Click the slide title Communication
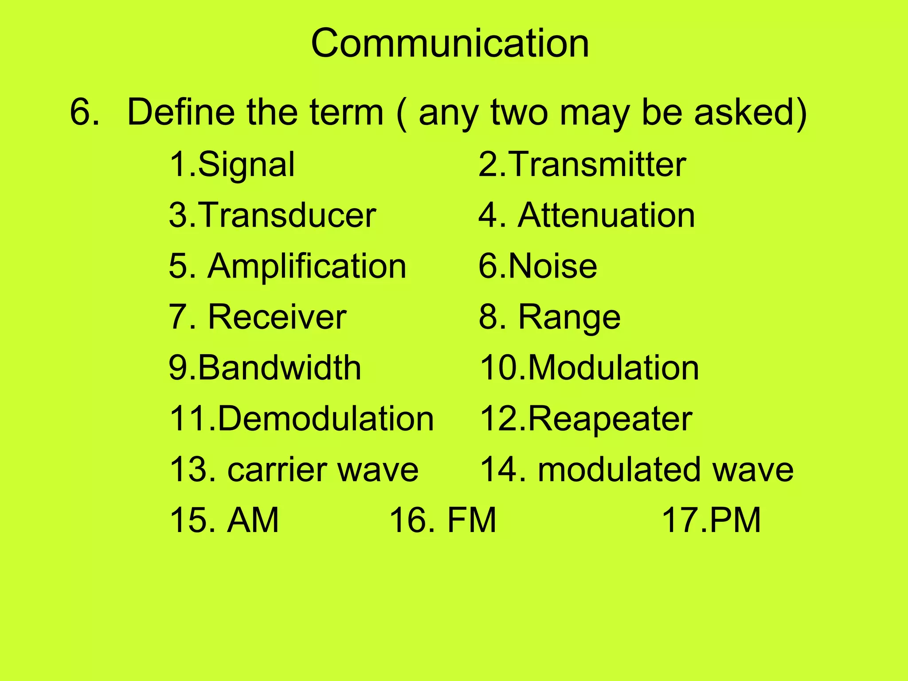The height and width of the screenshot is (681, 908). (450, 43)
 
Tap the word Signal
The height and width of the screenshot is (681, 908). (246, 165)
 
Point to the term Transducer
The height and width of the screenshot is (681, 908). (287, 215)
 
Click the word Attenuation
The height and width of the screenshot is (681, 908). (606, 215)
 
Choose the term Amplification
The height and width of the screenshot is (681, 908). (307, 266)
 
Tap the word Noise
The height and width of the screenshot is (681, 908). (552, 266)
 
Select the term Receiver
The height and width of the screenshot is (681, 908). (277, 317)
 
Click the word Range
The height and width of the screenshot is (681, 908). (569, 318)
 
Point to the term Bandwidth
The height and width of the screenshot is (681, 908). (279, 368)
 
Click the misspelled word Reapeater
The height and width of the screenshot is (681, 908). (610, 419)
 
